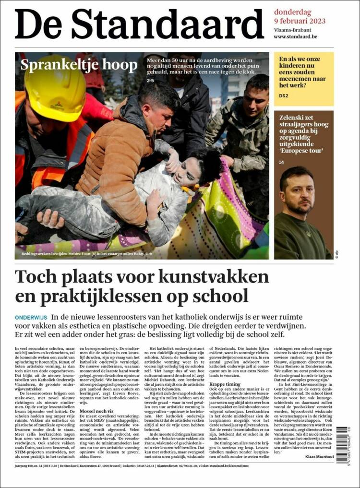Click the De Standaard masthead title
[139, 24]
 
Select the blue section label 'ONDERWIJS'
[31, 317]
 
